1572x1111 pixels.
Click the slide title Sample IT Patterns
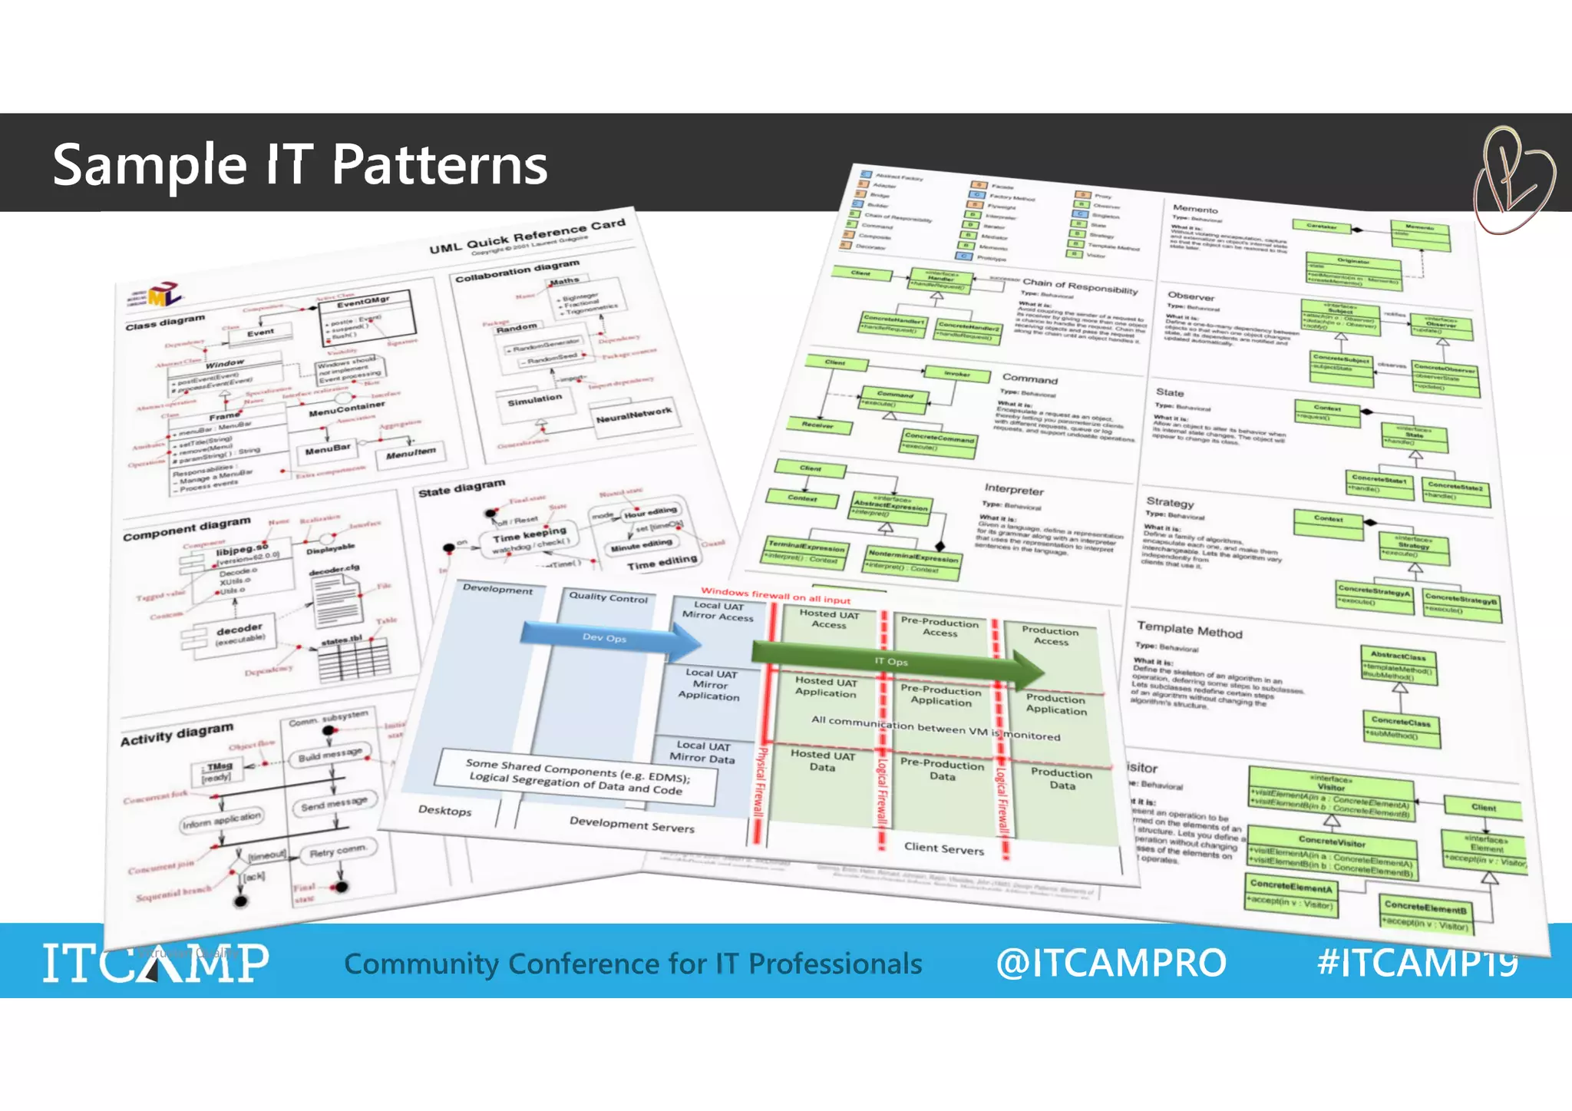(299, 164)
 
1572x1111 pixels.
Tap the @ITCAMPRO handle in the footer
(1110, 963)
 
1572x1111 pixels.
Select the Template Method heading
(1189, 630)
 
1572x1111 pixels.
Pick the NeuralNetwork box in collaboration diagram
(633, 415)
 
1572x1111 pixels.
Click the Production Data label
(1062, 779)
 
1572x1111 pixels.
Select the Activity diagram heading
(177, 734)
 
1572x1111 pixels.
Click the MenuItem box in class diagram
(411, 454)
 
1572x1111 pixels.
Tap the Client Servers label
(943, 848)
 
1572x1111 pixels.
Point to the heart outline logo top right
(1512, 180)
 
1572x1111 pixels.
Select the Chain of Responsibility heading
(1079, 286)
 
